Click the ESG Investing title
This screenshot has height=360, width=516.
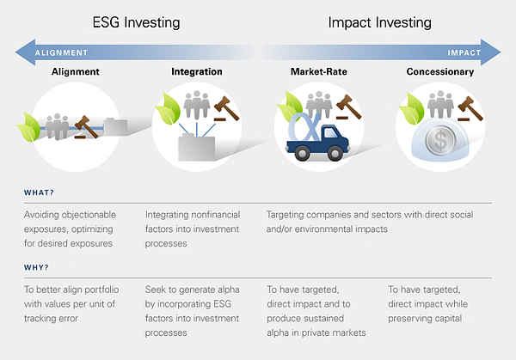tap(136, 23)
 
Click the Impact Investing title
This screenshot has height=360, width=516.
tap(380, 23)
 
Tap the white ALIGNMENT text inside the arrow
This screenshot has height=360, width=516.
tap(62, 53)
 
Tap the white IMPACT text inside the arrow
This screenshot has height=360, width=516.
tap(464, 53)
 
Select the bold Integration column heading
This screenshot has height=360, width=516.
tap(197, 71)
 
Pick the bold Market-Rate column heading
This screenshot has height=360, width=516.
tap(319, 71)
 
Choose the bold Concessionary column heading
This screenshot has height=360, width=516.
tap(440, 71)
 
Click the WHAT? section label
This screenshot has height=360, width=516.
tap(39, 192)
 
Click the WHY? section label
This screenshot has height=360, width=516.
tap(36, 267)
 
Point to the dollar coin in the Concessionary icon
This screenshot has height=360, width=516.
tap(440, 140)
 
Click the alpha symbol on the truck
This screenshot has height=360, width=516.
tap(304, 128)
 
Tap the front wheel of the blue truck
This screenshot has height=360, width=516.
tap(335, 153)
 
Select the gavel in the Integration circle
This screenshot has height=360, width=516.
tap(226, 108)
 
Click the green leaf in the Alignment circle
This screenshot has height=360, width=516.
tap(28, 127)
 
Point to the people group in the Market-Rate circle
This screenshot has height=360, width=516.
tap(318, 105)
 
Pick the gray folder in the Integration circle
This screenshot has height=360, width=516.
tap(197, 147)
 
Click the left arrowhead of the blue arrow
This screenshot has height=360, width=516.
tap(25, 52)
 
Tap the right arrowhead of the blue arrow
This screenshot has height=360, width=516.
tap(491, 52)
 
